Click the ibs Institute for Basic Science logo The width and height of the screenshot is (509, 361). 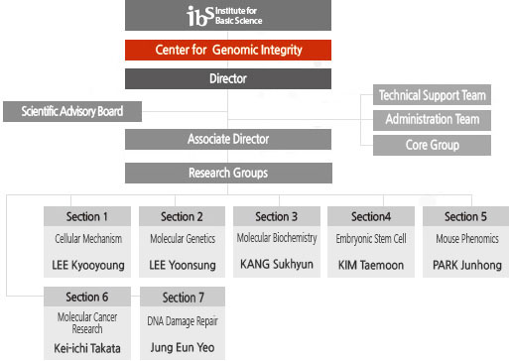click(x=228, y=15)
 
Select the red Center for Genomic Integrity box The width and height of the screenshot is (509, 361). click(x=228, y=50)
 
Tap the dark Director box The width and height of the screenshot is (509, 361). click(x=228, y=78)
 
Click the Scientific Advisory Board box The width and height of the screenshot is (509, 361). click(x=72, y=111)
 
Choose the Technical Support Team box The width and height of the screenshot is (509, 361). click(x=432, y=96)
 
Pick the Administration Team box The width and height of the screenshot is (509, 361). click(x=432, y=120)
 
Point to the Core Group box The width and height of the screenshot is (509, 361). click(x=432, y=145)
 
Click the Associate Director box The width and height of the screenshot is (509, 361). click(x=228, y=140)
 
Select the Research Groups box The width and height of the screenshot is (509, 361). click(x=228, y=173)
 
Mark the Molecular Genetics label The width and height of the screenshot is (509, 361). click(x=182, y=239)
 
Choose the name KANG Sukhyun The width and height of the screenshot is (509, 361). click(x=277, y=264)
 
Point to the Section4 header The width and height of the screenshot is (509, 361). click(x=371, y=216)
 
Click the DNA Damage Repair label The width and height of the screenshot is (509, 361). click(x=182, y=319)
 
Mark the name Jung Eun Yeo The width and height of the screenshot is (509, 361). click(x=182, y=348)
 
